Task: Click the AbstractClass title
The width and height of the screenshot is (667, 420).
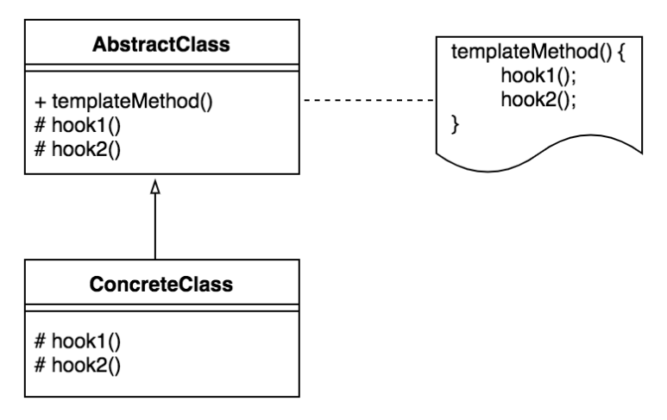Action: (155, 44)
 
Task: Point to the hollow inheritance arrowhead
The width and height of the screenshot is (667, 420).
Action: (155, 186)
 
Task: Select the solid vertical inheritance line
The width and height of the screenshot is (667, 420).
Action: (155, 226)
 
